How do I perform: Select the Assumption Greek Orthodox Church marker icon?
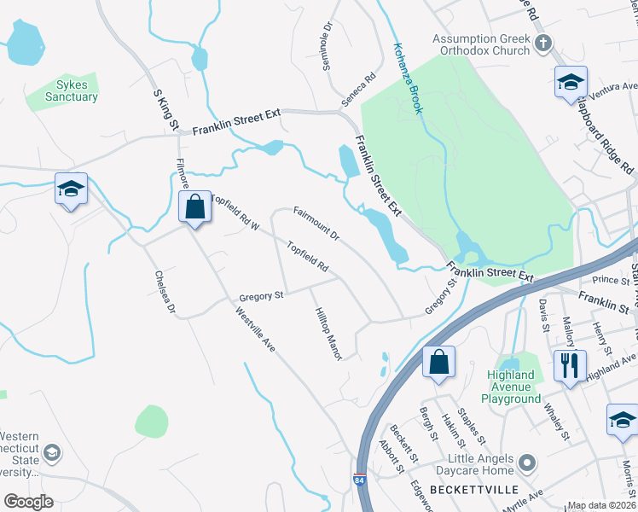542,44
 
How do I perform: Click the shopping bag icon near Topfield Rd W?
195,207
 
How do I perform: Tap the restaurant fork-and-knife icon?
569,364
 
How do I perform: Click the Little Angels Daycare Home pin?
526,464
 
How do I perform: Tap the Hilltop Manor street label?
328,334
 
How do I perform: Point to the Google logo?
28,502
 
